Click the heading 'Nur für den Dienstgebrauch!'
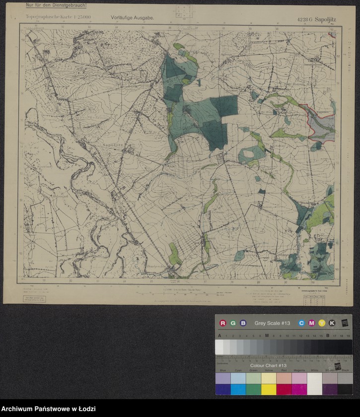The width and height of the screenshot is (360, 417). pyautogui.click(x=56, y=5)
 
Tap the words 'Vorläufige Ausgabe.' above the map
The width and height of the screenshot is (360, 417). pyautogui.click(x=133, y=17)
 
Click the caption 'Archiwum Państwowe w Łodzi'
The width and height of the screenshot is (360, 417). pyautogui.click(x=49, y=408)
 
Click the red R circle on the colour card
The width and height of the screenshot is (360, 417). pyautogui.click(x=222, y=323)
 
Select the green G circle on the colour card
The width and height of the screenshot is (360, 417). pyautogui.click(x=233, y=323)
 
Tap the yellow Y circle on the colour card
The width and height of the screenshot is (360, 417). pyautogui.click(x=322, y=323)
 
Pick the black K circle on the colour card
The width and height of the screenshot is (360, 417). pyautogui.click(x=332, y=323)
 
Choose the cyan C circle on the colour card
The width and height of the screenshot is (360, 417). pyautogui.click(x=301, y=323)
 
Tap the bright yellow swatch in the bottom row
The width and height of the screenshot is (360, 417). pyautogui.click(x=269, y=389)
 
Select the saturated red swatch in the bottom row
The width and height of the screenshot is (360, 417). pyautogui.click(x=284, y=389)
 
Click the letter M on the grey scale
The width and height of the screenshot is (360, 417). pyautogui.click(x=267, y=336)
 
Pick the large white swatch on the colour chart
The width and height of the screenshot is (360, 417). pyautogui.click(x=314, y=383)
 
